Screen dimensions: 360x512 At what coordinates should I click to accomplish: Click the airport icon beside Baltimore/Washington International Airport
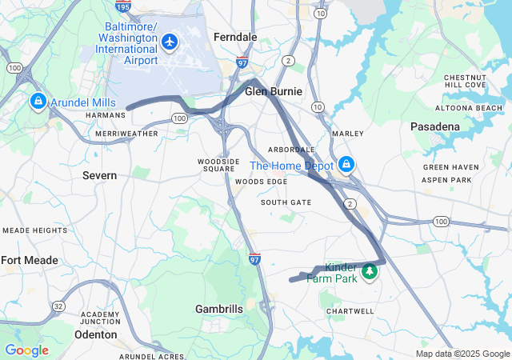click(170, 41)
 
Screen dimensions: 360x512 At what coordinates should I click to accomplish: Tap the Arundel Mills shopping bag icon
click(38, 102)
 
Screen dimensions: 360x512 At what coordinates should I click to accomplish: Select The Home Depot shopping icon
click(346, 165)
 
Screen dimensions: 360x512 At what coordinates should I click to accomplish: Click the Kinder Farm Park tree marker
click(370, 273)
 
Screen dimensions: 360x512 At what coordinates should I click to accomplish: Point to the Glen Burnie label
click(274, 91)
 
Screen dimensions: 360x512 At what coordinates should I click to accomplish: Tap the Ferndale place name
click(235, 37)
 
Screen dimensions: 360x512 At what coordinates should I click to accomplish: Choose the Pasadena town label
click(435, 126)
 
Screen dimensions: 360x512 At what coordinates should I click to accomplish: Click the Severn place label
click(99, 175)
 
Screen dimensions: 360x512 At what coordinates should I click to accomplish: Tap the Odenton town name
click(96, 334)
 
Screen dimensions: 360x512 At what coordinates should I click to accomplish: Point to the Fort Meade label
click(30, 260)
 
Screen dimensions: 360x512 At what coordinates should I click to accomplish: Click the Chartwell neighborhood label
click(350, 311)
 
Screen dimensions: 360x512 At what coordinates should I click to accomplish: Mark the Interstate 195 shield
click(122, 6)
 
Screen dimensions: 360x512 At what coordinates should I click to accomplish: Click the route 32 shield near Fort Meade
click(58, 306)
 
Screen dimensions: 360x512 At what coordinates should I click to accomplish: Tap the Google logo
click(26, 350)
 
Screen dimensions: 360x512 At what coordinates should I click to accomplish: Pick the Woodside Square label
click(218, 165)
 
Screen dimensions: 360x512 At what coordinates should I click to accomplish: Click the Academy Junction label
click(100, 318)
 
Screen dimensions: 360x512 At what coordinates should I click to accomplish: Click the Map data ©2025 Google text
click(462, 354)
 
